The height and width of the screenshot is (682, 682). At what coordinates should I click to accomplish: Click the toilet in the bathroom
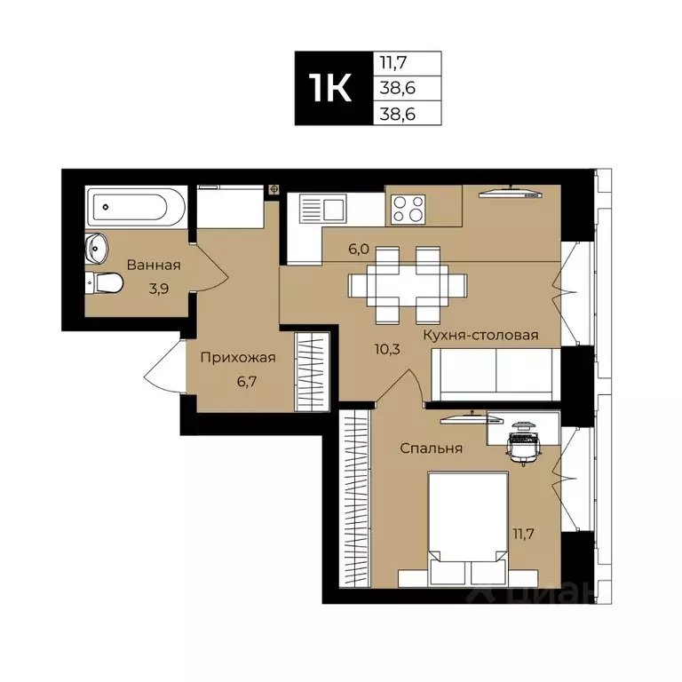point(105,282)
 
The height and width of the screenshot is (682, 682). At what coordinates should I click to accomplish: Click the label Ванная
point(154,265)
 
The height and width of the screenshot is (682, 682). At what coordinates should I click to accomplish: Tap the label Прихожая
point(237,358)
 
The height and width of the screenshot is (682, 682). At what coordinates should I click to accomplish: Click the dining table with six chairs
point(408,285)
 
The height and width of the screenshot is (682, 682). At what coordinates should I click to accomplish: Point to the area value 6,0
point(359,249)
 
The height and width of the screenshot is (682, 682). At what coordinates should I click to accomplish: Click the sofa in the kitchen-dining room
point(495,374)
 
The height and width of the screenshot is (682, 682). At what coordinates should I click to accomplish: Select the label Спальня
point(431,448)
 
